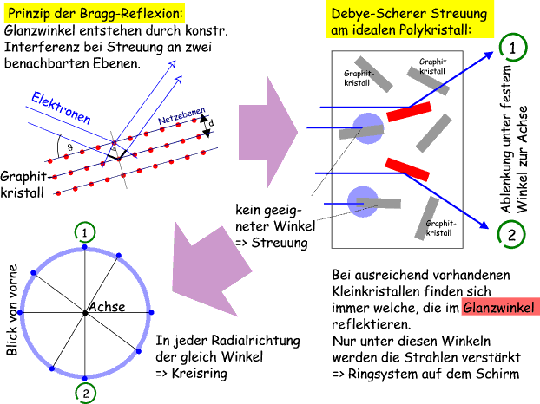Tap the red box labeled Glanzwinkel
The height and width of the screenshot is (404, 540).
pyautogui.click(x=499, y=308)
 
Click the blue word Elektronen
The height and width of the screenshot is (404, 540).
pyautogui.click(x=61, y=111)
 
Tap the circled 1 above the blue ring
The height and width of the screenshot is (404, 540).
pyautogui.click(x=83, y=231)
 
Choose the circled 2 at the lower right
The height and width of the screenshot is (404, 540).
pyautogui.click(x=510, y=233)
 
